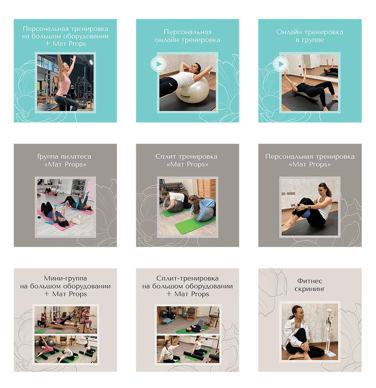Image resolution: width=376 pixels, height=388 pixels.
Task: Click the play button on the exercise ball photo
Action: pyautogui.click(x=158, y=64)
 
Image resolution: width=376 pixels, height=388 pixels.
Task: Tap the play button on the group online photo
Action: pyautogui.click(x=281, y=64)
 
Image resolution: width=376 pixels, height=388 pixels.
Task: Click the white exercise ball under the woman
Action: pyautogui.click(x=192, y=91)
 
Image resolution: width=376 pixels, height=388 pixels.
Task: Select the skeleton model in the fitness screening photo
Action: pyautogui.click(x=329, y=331)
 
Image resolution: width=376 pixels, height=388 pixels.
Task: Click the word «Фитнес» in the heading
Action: pyautogui.click(x=309, y=281)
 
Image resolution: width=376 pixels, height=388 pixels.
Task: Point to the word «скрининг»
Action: pyautogui.click(x=309, y=289)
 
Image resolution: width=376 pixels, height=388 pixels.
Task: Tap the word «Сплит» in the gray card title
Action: pyautogui.click(x=165, y=157)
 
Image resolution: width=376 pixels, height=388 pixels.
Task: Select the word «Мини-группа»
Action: pyautogui.click(x=65, y=278)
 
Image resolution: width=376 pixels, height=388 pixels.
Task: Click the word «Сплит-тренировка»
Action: pyautogui.click(x=188, y=278)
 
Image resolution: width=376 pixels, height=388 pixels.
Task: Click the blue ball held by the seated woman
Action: pyautogui.click(x=307, y=213)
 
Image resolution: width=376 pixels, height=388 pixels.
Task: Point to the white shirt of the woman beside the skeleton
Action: pyautogui.click(x=296, y=332)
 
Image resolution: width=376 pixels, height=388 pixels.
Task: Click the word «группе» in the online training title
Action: pyautogui.click(x=313, y=40)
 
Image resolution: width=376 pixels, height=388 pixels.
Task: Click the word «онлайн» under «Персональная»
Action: pyautogui.click(x=167, y=40)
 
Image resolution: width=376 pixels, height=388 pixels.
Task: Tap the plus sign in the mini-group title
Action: pyautogui.click(x=47, y=294)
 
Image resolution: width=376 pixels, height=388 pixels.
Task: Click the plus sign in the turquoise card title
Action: pyautogui.click(x=47, y=44)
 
